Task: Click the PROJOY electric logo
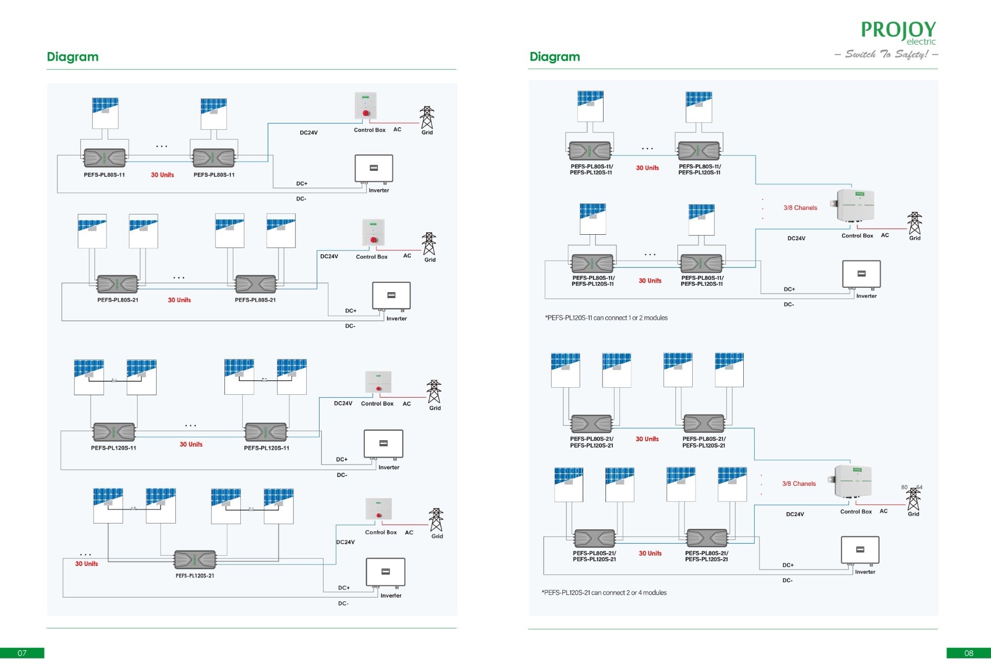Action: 898,32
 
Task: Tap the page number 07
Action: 22,653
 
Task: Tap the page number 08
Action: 968,653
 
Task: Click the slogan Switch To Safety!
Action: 886,54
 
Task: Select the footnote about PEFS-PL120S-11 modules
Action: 606,318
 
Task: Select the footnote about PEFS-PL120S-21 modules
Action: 604,593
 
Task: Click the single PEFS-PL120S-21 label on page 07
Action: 195,575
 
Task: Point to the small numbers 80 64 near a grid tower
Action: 912,487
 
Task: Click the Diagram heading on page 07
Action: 72,56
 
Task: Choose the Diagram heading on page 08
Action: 554,56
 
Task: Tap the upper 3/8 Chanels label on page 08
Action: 800,208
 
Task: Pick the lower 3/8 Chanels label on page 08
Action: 799,484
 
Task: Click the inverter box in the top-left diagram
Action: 374,168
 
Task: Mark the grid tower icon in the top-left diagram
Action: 427,117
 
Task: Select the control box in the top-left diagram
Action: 366,106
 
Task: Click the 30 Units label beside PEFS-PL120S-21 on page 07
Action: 87,564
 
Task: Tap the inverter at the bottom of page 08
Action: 860,550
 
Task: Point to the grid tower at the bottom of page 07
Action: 436,520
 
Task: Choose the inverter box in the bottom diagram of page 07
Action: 385,571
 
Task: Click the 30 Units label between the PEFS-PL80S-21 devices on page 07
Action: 179,300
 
